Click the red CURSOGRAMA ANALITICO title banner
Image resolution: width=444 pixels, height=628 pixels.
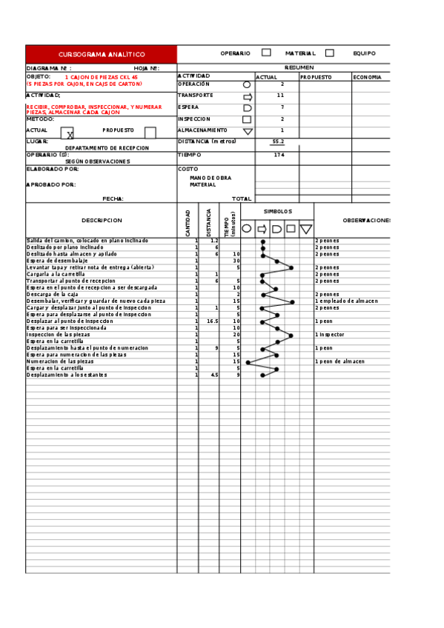(102, 55)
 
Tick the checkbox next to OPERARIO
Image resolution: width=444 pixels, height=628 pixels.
(266, 53)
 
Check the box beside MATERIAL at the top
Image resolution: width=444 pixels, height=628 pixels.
(329, 53)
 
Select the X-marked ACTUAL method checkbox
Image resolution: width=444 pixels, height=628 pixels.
(67, 133)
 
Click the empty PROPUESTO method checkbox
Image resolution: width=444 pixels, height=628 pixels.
(150, 133)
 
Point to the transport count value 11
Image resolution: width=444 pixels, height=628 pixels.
(280, 96)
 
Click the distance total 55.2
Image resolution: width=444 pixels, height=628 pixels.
(278, 141)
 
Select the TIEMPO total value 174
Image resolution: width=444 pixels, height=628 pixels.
(279, 155)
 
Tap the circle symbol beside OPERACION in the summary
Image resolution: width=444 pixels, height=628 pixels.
(247, 84)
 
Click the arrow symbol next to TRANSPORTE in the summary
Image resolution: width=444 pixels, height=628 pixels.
(248, 96)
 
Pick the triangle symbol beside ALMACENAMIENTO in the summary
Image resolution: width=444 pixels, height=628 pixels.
(248, 131)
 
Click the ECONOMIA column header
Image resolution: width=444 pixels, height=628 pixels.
(368, 77)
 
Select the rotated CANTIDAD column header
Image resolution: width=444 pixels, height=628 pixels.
(188, 223)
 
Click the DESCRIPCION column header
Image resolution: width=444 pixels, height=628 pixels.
(102, 221)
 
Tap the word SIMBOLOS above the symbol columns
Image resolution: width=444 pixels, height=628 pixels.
(278, 211)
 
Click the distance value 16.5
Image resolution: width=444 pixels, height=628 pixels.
(212, 321)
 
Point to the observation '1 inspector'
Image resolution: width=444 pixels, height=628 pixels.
(331, 335)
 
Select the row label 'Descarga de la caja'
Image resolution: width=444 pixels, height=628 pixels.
(52, 295)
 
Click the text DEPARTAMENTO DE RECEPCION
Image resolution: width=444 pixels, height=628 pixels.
(107, 148)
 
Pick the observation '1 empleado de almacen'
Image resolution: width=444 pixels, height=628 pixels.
(346, 301)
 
